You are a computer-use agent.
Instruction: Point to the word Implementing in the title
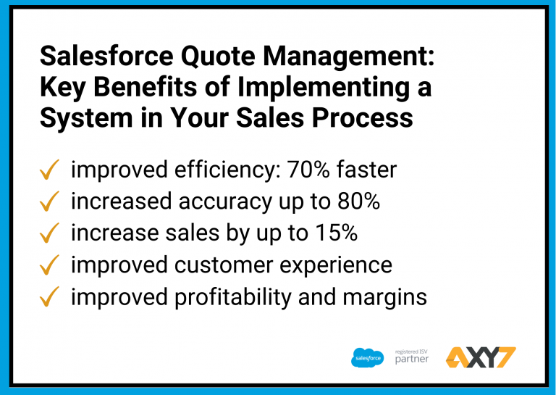(x=312, y=87)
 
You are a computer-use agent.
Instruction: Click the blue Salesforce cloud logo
(x=368, y=357)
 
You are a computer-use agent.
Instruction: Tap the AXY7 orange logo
(x=481, y=357)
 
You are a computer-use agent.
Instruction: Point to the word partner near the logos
(x=411, y=359)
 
